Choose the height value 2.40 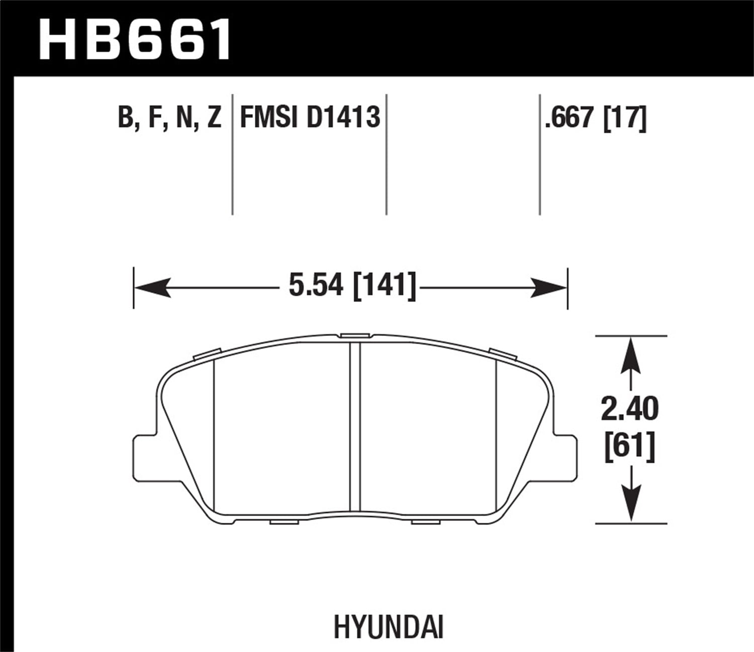pyautogui.click(x=629, y=409)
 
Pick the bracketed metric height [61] pyautogui.click(x=629, y=446)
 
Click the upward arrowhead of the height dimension pyautogui.click(x=630, y=355)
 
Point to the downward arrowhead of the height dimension pyautogui.click(x=630, y=503)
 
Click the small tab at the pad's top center pyautogui.click(x=355, y=336)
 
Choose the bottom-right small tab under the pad pyautogui.click(x=425, y=522)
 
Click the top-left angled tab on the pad pyautogui.click(x=207, y=354)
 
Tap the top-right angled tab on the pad pyautogui.click(x=503, y=354)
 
